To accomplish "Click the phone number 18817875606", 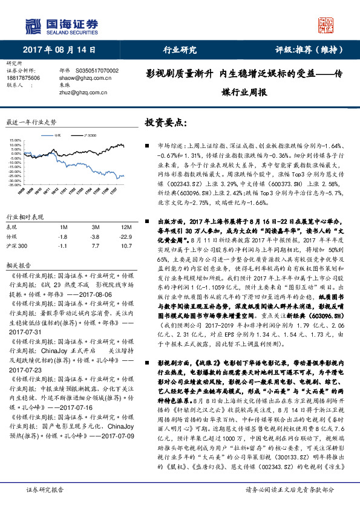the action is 23,79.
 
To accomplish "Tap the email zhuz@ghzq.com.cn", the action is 82,93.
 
